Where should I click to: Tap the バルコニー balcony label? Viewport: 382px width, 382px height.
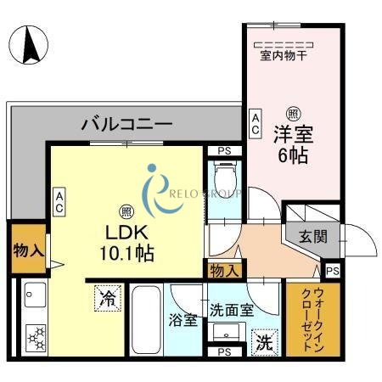click(x=126, y=125)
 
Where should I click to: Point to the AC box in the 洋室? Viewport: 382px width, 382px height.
click(x=254, y=123)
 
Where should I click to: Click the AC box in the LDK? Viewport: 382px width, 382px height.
click(x=59, y=201)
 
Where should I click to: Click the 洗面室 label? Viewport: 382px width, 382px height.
click(x=232, y=312)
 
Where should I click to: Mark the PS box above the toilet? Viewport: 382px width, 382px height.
click(x=224, y=152)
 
